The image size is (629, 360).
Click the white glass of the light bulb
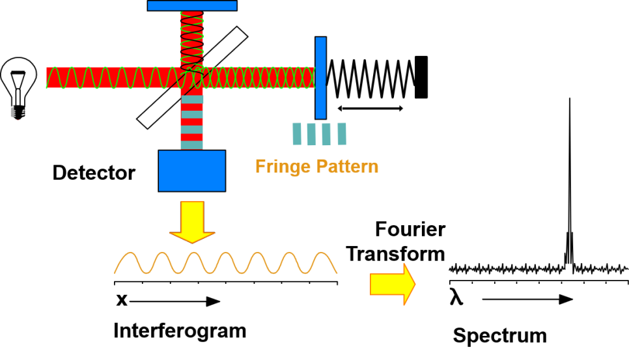[x=18, y=75]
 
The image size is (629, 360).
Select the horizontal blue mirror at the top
[x=192, y=6]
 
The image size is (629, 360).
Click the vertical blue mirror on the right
[x=320, y=78]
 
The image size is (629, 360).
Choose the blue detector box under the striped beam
[x=191, y=171]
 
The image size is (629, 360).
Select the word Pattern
[x=347, y=167]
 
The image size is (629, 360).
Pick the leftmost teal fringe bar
[x=297, y=134]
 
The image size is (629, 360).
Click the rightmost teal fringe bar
[x=342, y=134]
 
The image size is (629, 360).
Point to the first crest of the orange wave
[x=130, y=254]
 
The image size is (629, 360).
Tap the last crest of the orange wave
[x=322, y=254]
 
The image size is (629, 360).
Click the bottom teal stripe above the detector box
[x=192, y=145]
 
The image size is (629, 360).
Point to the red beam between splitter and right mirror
[x=260, y=77]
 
